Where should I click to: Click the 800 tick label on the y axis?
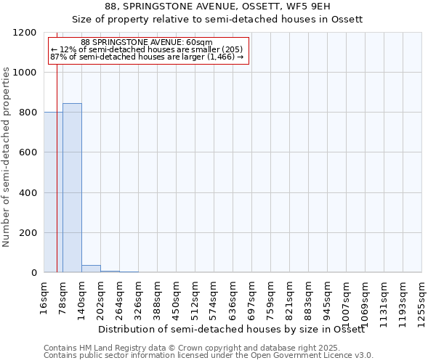point(30,113)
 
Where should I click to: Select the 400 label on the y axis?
point(30,193)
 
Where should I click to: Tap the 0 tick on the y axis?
point(36,273)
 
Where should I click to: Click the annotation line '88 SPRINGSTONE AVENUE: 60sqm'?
point(146,43)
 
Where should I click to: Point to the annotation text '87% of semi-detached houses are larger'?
point(146,57)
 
